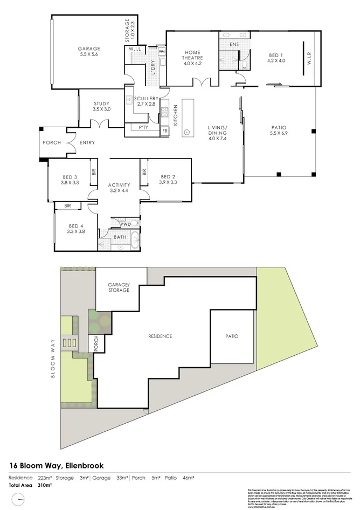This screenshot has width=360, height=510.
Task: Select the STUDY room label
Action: pyautogui.click(x=101, y=106)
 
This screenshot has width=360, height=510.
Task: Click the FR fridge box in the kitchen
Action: pyautogui.click(x=164, y=131)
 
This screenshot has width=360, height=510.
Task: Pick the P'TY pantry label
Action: pyautogui.click(x=143, y=128)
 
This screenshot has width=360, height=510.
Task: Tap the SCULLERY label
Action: pyautogui.click(x=146, y=98)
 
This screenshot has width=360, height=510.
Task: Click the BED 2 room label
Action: pyautogui.click(x=168, y=179)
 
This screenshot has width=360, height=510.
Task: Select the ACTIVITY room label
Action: pyautogui.click(x=119, y=188)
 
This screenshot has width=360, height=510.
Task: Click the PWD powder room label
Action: pyautogui.click(x=125, y=223)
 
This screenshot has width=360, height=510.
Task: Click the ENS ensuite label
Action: pyautogui.click(x=234, y=44)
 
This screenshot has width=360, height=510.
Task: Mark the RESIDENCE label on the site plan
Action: pyautogui.click(x=160, y=336)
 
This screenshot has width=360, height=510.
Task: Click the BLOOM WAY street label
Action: pyautogui.click(x=53, y=358)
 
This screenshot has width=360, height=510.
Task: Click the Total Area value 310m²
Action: pyautogui.click(x=44, y=485)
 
